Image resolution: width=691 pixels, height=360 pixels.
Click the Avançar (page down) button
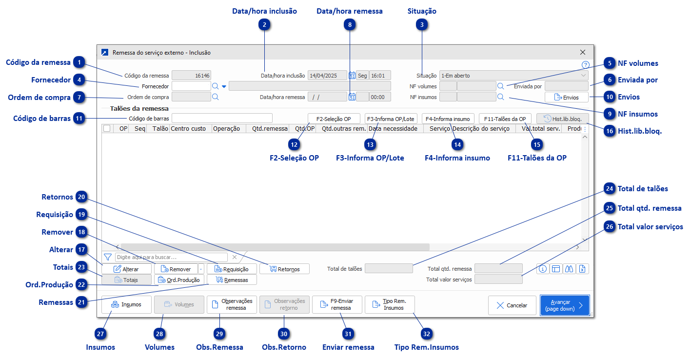point(564,305)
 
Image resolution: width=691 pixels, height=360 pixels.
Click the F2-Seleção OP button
point(334,119)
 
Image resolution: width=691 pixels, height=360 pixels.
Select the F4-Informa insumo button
point(448,119)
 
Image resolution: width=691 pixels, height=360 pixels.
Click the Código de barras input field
point(222,118)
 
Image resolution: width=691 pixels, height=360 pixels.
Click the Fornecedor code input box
point(191,86)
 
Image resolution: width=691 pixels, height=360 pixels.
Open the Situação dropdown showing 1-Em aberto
point(513,76)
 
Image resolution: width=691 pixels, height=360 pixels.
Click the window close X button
point(582,52)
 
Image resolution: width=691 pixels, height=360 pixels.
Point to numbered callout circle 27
point(101,334)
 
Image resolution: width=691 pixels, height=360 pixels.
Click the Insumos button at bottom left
point(126,304)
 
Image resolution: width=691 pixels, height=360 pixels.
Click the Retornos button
point(285,269)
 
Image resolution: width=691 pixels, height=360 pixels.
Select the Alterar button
point(126,269)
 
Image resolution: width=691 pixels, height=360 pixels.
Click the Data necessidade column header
point(393,129)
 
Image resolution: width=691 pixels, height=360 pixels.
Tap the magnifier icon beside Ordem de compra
point(215,97)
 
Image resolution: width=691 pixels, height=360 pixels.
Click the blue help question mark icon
point(586,64)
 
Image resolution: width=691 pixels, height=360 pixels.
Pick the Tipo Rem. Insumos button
point(390,304)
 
